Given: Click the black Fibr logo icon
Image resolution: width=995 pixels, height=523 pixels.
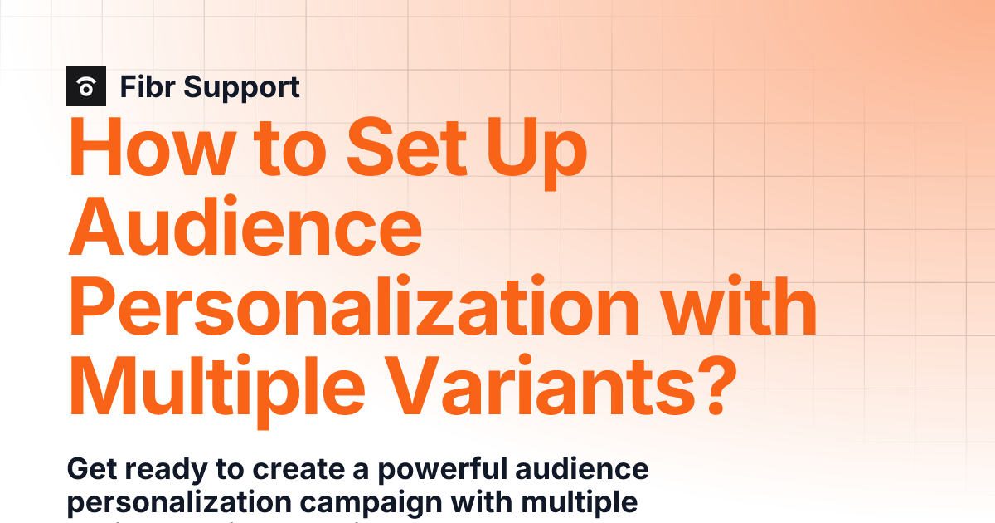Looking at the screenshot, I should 86,86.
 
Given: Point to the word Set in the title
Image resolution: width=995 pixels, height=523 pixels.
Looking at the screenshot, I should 402,149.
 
